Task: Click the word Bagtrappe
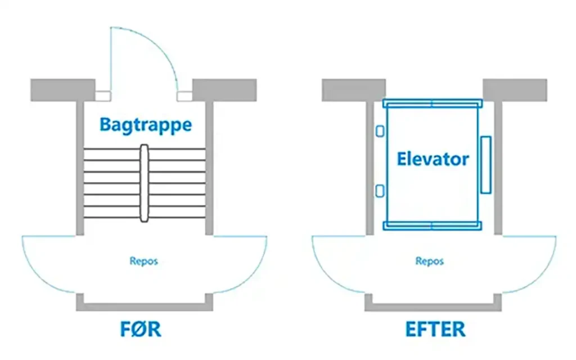146,124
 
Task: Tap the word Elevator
433,159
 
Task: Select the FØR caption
141,329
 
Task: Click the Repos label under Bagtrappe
144,261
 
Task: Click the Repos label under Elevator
430,261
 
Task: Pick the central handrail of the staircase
145,183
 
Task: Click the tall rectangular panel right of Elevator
485,163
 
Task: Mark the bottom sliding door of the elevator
432,226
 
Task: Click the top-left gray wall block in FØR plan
62,90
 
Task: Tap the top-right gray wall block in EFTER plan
515,90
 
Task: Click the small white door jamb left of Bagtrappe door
103,96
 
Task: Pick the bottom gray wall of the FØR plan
145,307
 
